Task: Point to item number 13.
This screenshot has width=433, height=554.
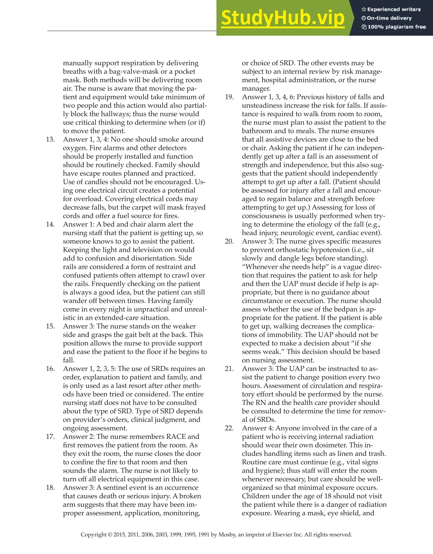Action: pyautogui.click(x=50, y=139)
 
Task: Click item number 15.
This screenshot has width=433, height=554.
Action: pyautogui.click(x=50, y=326)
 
